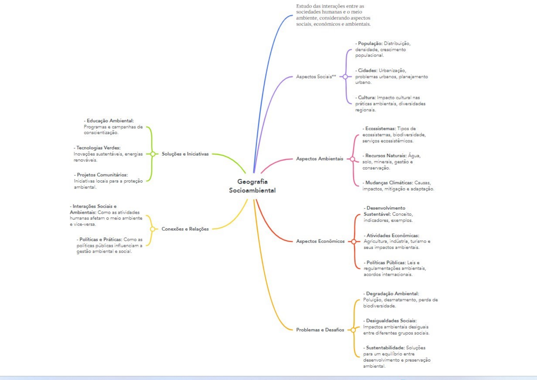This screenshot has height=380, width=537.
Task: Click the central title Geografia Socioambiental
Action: [252, 186]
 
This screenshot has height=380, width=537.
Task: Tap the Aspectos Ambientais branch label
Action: [320, 159]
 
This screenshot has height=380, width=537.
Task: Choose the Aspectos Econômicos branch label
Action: [320, 241]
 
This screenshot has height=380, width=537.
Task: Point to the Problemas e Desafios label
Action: [320, 330]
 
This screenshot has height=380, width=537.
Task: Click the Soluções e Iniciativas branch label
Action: [185, 154]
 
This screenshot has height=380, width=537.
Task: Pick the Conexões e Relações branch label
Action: [185, 229]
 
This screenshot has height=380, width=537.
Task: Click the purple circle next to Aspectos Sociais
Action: [345, 77]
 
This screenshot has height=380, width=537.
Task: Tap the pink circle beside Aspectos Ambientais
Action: [352, 159]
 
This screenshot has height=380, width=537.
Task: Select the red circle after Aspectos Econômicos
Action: [354, 242]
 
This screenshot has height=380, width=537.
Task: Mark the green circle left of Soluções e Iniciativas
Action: [153, 154]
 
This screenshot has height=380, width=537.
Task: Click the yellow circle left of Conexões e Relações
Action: [152, 229]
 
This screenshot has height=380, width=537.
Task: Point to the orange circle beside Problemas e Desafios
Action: [353, 330]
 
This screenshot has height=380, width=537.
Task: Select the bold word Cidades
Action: [368, 71]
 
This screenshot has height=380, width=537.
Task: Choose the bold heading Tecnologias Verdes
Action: [99, 147]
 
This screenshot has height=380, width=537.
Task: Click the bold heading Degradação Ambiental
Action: [393, 294]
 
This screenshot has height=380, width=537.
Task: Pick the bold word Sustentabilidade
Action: [385, 347]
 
